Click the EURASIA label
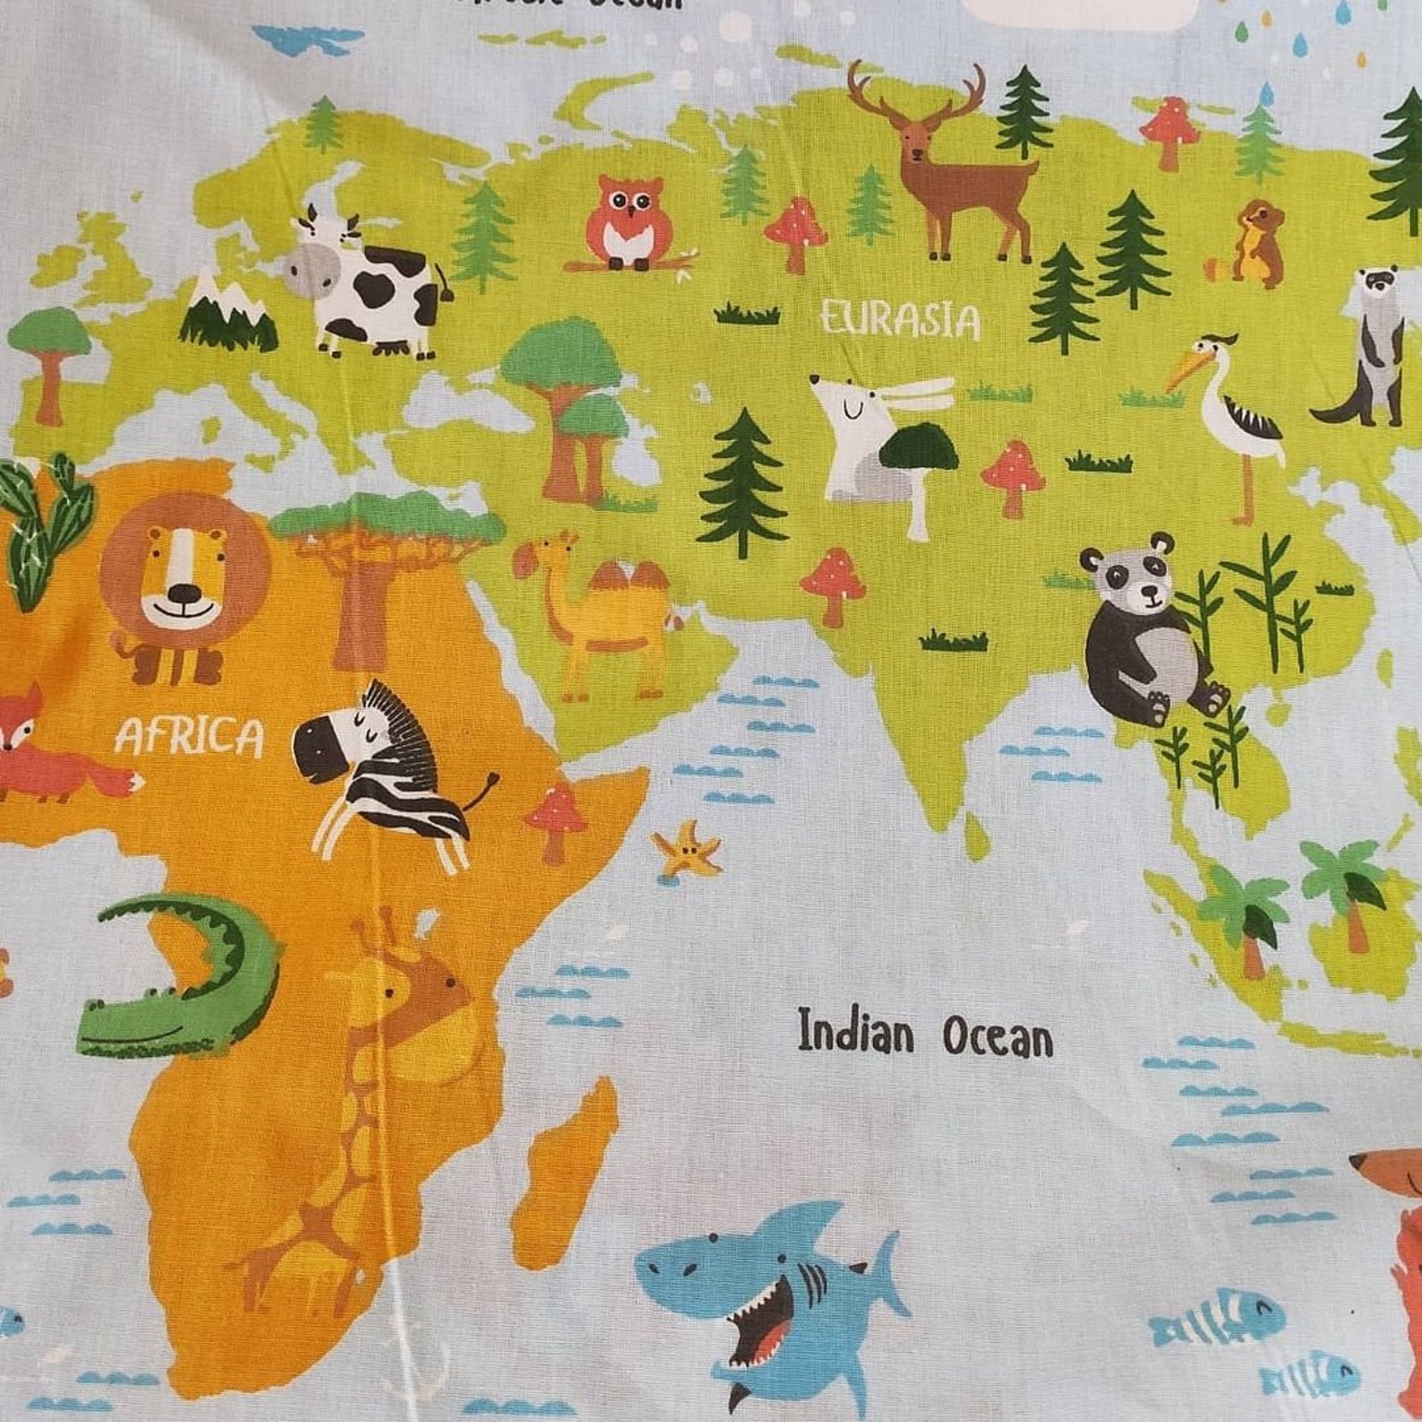coord(900,320)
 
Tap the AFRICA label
coord(190,738)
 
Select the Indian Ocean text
coord(925,1034)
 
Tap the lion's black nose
coord(184,594)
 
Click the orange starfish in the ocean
coord(687,848)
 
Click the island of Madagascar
coord(564,1164)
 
